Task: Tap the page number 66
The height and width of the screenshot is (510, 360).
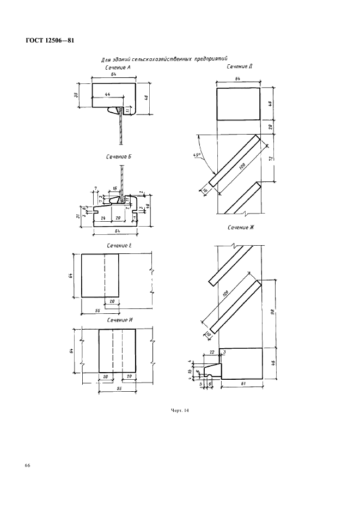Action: (27, 465)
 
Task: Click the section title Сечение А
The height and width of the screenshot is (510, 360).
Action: (118, 68)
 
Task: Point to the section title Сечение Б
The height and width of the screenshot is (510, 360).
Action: (119, 156)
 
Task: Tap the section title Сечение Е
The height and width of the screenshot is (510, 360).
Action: (119, 246)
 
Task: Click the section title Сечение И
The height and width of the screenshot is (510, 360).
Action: (120, 320)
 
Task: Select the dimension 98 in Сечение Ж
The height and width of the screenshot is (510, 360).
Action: (271, 313)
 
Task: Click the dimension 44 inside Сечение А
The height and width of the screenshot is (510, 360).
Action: (107, 95)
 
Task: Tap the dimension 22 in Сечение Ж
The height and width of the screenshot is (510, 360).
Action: (212, 354)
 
